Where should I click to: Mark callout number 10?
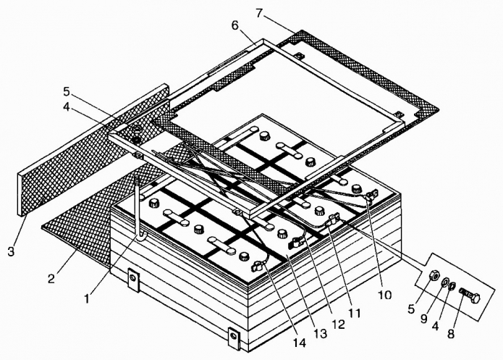pyautogui.click(x=384, y=296)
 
